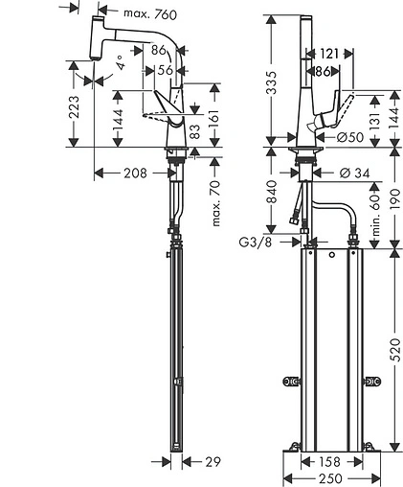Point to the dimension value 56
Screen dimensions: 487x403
[164, 70]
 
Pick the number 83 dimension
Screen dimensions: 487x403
[194, 131]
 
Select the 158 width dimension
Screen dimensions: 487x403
[329, 462]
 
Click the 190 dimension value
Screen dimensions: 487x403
[395, 197]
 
